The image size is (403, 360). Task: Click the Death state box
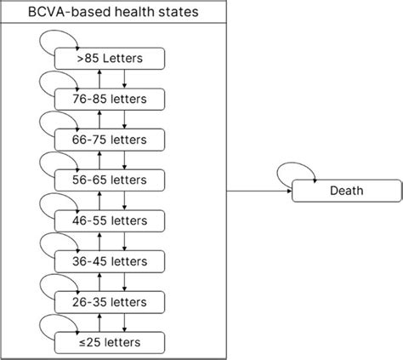[x=346, y=191]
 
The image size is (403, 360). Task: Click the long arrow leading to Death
[x=258, y=191]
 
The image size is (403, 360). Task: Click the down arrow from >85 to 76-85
[x=125, y=79]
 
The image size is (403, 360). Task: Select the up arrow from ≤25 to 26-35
[x=99, y=322]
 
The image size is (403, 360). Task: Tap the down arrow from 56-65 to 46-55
[x=125, y=201]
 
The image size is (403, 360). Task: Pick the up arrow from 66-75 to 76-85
[x=99, y=120]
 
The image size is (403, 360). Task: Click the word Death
[x=346, y=191]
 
